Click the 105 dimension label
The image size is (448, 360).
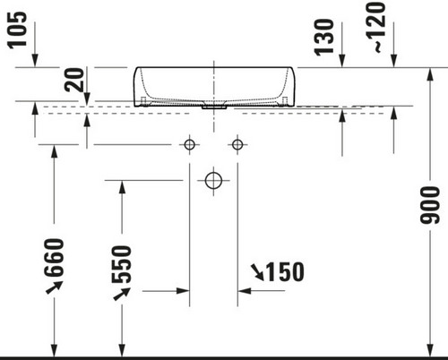tap(17, 30)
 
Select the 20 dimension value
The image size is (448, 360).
tap(74, 80)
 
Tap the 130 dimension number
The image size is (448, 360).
tap(324, 37)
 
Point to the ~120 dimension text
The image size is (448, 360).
tap(375, 27)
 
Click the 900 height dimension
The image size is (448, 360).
tap(429, 205)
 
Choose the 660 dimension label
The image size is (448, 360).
tap(54, 257)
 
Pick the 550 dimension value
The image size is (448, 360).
tap(121, 264)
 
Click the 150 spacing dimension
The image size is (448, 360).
tap(285, 272)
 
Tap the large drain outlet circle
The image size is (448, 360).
tap(213, 181)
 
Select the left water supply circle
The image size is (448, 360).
tap(189, 145)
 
